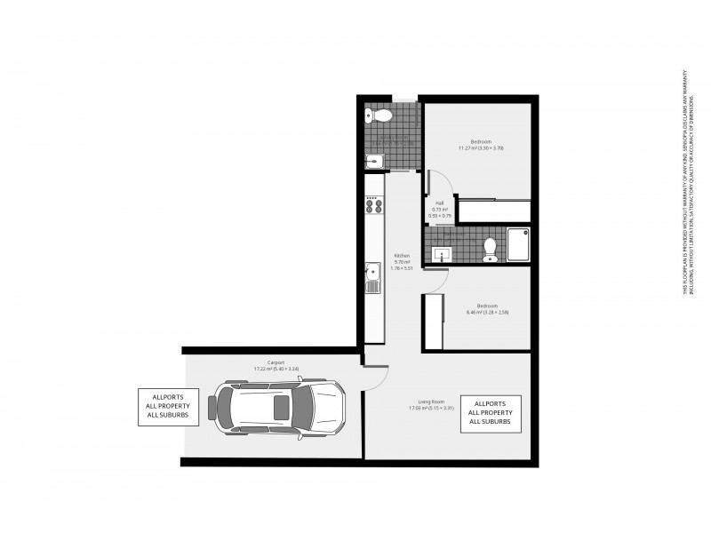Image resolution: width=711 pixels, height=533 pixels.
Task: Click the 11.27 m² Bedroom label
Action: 480,145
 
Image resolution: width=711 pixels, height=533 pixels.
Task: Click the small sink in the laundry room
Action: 373,161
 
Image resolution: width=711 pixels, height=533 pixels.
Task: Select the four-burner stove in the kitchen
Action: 374,206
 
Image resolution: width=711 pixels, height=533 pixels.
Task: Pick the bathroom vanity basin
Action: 442,254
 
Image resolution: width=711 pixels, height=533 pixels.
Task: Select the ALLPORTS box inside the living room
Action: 490,414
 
